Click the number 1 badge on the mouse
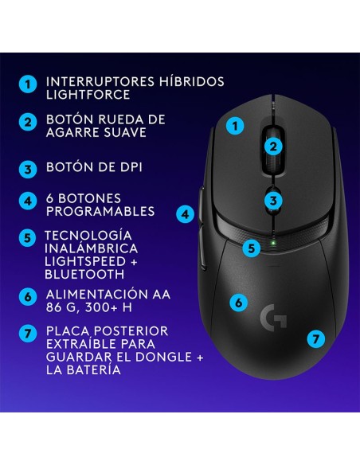(x=235, y=126)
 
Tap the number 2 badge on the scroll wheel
(x=273, y=146)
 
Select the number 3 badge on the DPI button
(x=273, y=200)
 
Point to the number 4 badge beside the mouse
(x=186, y=214)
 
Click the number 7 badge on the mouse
(x=315, y=338)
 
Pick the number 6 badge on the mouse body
(x=239, y=303)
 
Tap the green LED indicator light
(x=273, y=243)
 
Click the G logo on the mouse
(x=273, y=317)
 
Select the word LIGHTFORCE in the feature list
(x=88, y=95)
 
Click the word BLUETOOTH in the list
(x=84, y=275)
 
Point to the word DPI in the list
(x=131, y=167)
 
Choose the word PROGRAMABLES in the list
(x=100, y=211)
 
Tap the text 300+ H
(x=108, y=307)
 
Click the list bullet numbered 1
(x=28, y=84)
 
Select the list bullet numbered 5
(x=28, y=237)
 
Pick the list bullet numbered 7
(x=28, y=333)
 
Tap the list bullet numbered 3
(x=28, y=170)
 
